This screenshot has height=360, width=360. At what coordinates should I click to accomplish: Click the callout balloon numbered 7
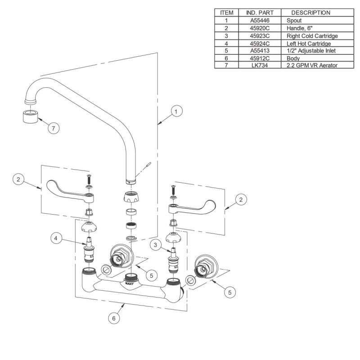[54, 128]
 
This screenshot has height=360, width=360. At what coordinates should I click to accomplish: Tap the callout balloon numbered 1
[176, 111]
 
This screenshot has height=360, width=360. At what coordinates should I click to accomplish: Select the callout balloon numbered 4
[56, 238]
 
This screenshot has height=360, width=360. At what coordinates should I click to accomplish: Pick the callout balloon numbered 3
[155, 245]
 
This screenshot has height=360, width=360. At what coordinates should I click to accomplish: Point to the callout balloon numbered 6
[114, 318]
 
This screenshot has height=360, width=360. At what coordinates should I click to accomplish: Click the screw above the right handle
[173, 189]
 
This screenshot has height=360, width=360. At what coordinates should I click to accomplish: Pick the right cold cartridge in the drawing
[174, 260]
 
